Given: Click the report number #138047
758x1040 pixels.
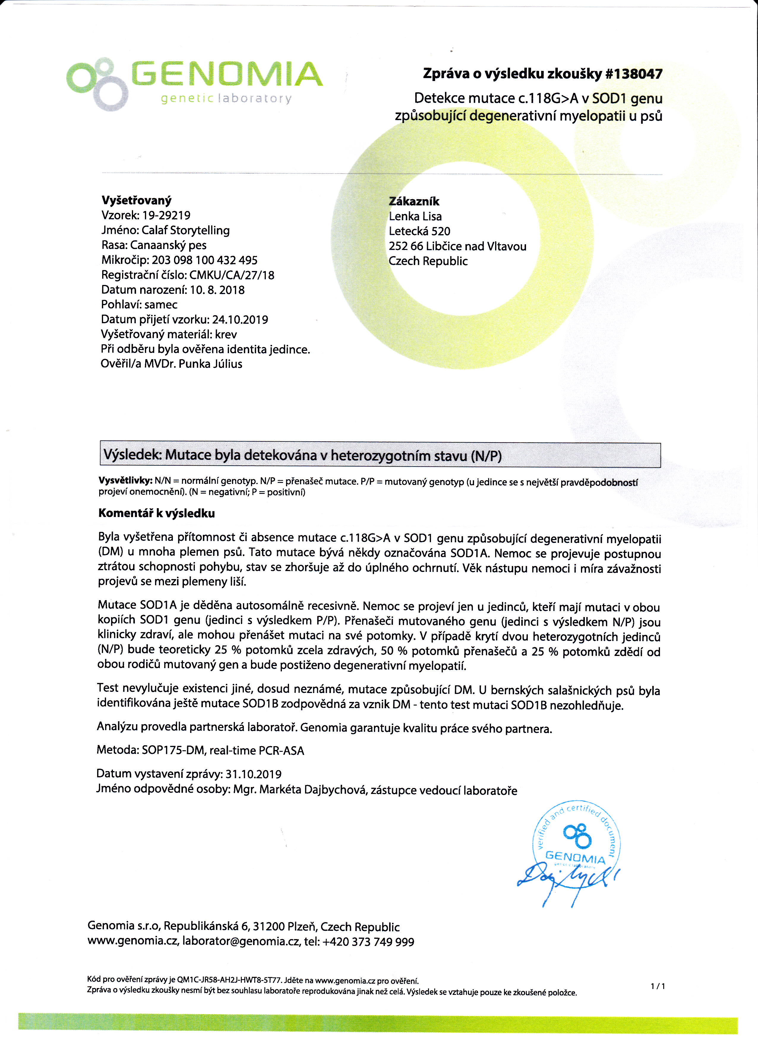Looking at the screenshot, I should pos(634,74).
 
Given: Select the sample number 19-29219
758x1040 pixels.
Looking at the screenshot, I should pos(166,215).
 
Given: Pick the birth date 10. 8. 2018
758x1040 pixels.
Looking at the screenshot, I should pos(217,290).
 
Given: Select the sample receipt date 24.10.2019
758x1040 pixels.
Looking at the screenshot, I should pos(240,320).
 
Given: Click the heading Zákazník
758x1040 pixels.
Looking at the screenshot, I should pos(414,201).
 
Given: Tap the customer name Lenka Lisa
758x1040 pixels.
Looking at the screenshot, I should pos(415,216).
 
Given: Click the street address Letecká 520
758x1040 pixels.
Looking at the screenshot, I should pos(419,231).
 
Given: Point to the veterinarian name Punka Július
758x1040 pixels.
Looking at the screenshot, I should pos(210,364).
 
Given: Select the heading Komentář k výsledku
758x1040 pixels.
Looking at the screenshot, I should pos(157,513).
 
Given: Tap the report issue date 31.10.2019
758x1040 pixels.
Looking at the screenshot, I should pos(253,774).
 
